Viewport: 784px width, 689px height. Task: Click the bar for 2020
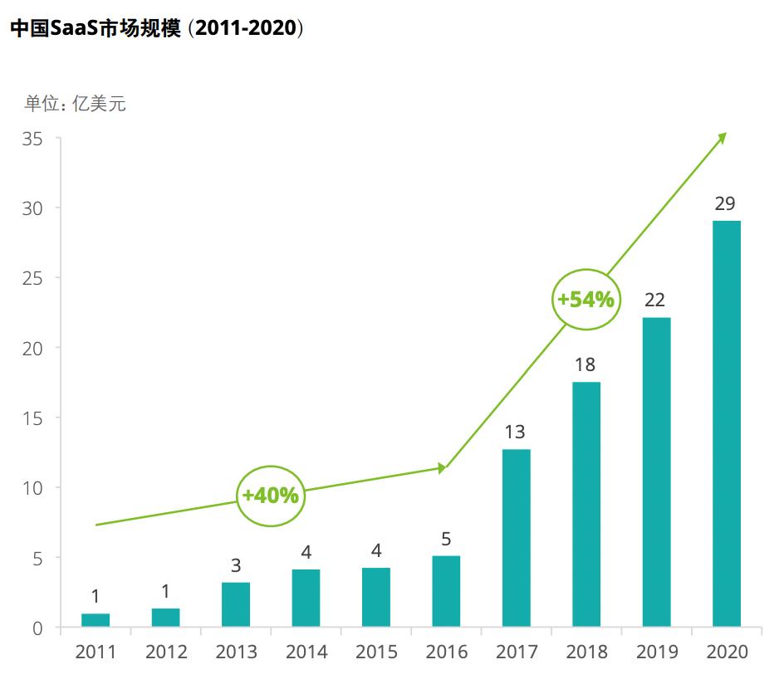coord(727,423)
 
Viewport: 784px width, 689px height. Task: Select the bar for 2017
coord(516,538)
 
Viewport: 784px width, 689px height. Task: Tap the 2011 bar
coord(96,620)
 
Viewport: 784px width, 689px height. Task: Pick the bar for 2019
coord(656,472)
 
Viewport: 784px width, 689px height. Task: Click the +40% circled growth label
coord(270,496)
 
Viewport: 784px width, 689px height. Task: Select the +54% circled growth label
coord(586,300)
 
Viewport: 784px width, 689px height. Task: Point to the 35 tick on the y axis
coord(32,139)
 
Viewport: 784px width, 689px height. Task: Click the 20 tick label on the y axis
coord(32,348)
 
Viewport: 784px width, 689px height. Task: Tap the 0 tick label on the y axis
coord(37,628)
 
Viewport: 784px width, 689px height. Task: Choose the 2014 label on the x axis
coord(306,652)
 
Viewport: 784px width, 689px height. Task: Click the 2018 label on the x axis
coord(586,652)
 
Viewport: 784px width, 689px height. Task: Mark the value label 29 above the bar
coord(726,204)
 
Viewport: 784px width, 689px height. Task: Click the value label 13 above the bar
coord(516,432)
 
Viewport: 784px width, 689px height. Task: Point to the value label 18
coord(586,365)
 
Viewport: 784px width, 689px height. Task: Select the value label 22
coord(655,301)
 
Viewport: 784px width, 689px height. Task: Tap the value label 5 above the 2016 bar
coord(446,540)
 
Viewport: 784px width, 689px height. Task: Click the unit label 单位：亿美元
coord(76,104)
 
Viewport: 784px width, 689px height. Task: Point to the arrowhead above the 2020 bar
coord(722,138)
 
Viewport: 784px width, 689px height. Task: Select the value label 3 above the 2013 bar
coord(236,566)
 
